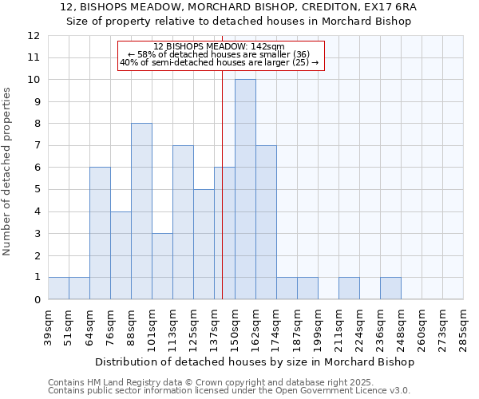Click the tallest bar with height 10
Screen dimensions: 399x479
(245, 189)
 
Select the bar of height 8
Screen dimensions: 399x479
(141, 211)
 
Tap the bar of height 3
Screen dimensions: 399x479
(162, 267)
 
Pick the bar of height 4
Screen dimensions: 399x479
(121, 255)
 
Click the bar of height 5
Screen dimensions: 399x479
(204, 244)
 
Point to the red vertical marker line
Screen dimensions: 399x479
(223, 199)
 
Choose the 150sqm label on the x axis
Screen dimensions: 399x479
(236, 326)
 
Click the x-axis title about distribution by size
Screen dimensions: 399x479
(254, 362)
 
